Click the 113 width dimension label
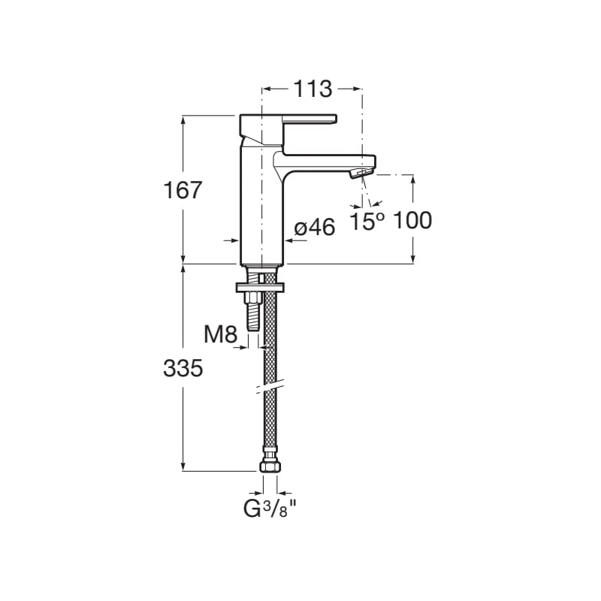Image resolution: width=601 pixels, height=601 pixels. pos(313,89)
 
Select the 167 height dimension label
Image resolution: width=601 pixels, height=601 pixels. pos(183,190)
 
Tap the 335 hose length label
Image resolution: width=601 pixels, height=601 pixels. pos(183,368)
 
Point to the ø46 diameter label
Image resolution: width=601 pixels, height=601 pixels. pos(315,228)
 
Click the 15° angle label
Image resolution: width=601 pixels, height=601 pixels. pos(367,222)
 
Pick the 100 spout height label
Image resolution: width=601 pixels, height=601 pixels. pos(412,220)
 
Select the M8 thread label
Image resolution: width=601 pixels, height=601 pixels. pos(220,334)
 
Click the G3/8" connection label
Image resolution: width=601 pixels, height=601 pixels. pos(270,509)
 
